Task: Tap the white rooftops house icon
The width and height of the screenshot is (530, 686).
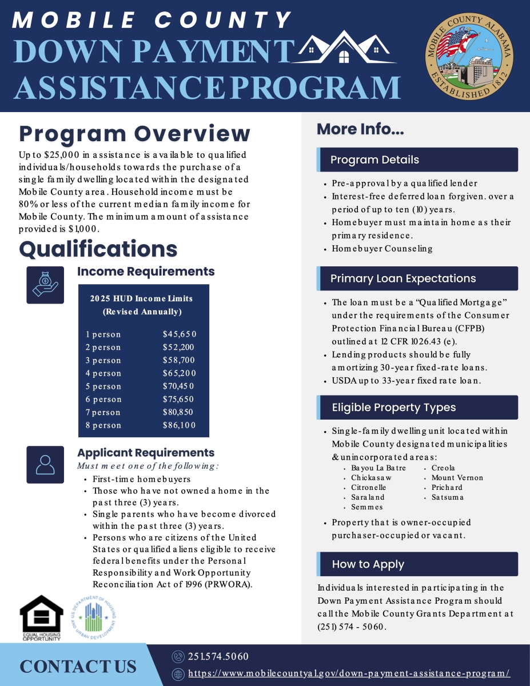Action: [344, 48]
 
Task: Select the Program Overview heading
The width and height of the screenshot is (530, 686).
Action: [135, 134]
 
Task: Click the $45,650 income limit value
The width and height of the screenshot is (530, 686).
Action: [180, 334]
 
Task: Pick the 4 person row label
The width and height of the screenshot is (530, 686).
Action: [103, 373]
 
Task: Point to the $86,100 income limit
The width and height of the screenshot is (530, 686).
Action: [180, 425]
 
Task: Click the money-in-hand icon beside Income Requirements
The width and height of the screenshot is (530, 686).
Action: [45, 285]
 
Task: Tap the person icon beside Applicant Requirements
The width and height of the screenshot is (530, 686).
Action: [45, 465]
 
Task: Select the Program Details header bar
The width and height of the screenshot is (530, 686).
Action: [418, 160]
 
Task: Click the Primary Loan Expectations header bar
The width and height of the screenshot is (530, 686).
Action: [418, 278]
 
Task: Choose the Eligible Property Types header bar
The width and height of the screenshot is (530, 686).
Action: [418, 408]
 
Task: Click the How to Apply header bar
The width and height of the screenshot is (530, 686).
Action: [418, 564]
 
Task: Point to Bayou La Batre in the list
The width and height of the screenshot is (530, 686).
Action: [378, 468]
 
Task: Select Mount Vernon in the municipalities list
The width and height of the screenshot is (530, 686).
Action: [457, 478]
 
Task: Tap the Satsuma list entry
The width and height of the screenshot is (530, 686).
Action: [448, 497]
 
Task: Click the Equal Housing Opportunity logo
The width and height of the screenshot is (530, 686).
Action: [42, 618]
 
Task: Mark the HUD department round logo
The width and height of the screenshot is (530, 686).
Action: [94, 617]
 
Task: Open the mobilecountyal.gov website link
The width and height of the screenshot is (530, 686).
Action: [349, 673]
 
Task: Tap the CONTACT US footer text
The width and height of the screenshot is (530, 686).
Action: [78, 667]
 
